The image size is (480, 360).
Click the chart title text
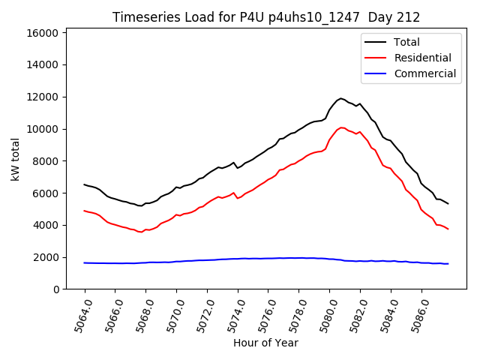click(266, 17)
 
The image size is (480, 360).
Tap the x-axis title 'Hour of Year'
click(265, 343)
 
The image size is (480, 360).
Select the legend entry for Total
click(407, 42)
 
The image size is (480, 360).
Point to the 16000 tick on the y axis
click(43, 33)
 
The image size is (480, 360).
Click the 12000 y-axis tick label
click(43, 97)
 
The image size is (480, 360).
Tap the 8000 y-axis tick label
click(46, 161)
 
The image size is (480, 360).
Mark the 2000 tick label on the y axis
click(46, 257)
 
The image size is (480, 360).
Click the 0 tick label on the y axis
click(56, 289)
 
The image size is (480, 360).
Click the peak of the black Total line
click(341, 98)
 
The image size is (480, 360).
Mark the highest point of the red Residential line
click(342, 127)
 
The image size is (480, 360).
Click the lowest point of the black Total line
click(140, 205)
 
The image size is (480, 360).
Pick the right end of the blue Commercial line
click(448, 263)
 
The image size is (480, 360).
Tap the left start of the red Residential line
click(85, 211)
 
